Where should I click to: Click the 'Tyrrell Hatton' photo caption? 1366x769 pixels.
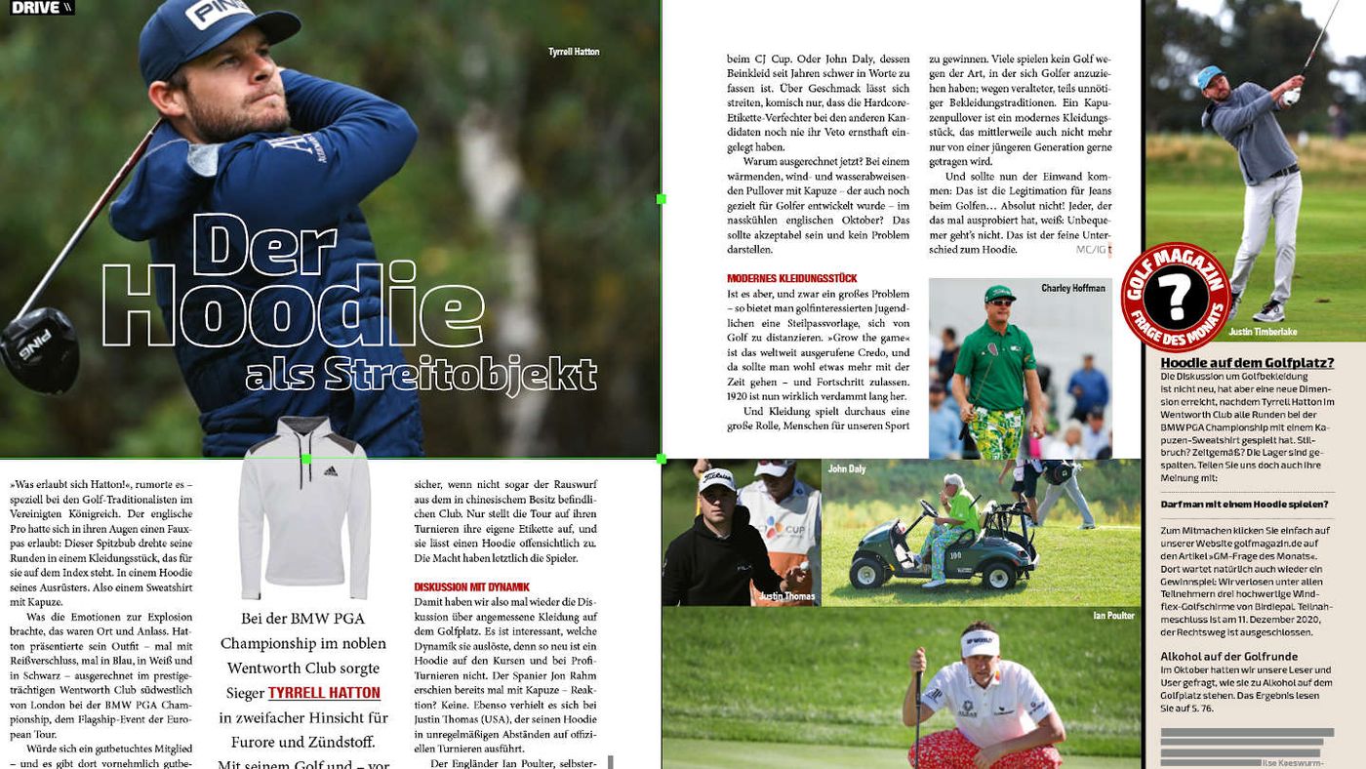pos(574,52)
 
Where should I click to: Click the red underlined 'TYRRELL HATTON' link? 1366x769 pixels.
pos(324,693)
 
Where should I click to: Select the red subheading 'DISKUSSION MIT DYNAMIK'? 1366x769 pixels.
pos(471,587)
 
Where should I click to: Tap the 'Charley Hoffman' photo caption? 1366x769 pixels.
pos(1073,289)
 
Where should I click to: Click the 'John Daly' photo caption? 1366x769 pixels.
pos(847,469)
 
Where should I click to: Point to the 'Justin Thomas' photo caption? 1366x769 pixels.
pos(786,596)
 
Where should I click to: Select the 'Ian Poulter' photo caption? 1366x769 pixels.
pos(1113,616)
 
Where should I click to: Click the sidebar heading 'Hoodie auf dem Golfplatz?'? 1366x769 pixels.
pos(1247,363)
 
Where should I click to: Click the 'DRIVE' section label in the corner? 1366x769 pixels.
pos(37,8)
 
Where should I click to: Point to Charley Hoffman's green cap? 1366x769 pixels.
pos(999,294)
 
